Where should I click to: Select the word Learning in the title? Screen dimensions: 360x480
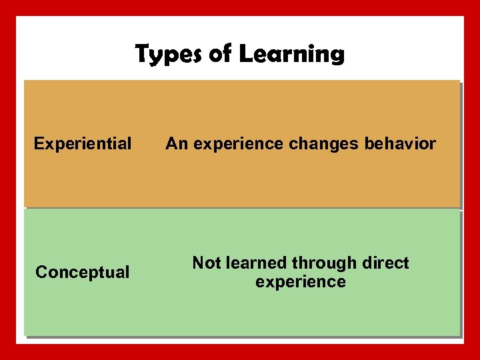coord(292,53)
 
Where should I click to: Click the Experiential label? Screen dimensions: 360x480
coord(83,143)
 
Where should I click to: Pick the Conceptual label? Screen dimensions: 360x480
coord(83,272)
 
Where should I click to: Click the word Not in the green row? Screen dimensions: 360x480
coord(205,263)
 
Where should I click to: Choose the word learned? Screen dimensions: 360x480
coord(254,263)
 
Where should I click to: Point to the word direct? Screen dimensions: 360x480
coord(385,263)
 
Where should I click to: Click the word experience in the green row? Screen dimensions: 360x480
coord(301,282)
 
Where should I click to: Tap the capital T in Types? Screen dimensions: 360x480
coord(142,53)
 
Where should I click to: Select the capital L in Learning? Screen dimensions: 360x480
coord(245,53)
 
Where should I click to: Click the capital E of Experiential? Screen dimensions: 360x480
coord(39,143)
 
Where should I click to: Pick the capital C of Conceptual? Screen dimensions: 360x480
coord(41,272)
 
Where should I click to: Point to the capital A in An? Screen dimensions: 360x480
coord(171,143)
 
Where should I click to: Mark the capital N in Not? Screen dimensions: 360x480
coord(197,263)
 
